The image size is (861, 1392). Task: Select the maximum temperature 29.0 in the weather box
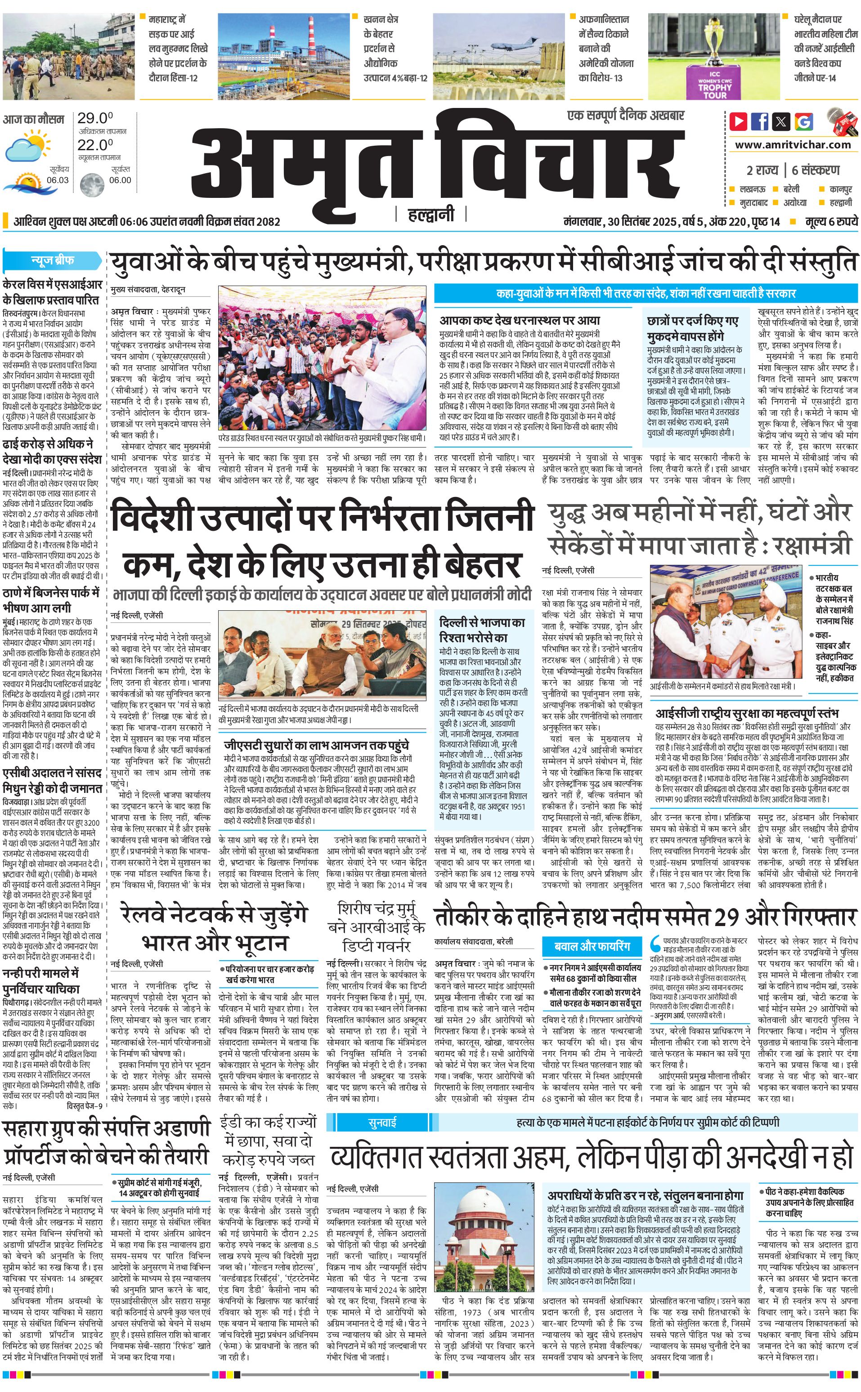tap(95, 118)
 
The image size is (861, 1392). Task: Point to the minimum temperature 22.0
tap(95, 145)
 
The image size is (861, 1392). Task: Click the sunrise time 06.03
tap(58, 180)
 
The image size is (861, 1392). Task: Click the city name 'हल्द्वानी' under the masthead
tap(431, 215)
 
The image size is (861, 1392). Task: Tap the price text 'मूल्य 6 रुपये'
tap(831, 221)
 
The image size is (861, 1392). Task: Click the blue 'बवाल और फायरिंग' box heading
tap(592, 946)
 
